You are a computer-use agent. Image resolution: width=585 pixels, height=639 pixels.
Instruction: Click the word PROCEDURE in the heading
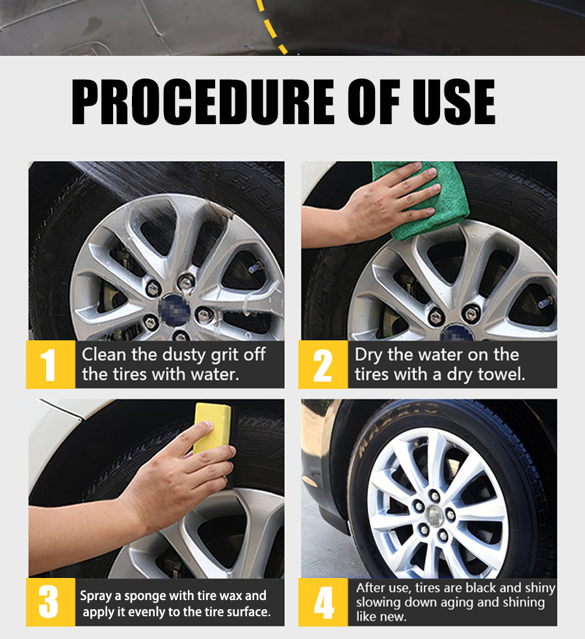click(203, 101)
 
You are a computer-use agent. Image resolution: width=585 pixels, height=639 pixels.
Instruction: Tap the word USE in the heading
click(454, 101)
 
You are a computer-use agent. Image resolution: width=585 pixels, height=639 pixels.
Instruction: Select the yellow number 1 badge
click(51, 364)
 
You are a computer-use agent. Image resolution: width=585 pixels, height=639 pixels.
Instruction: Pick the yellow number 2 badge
click(323, 364)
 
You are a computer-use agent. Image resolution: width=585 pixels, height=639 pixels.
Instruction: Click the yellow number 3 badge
click(51, 602)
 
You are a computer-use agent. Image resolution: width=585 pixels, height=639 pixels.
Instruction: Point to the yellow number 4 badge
click(323, 602)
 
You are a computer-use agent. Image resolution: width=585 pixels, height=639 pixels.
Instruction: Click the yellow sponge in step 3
click(212, 428)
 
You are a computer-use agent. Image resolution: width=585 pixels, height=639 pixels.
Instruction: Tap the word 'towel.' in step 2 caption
click(501, 374)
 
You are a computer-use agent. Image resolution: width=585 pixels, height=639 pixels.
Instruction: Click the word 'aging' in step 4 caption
click(485, 603)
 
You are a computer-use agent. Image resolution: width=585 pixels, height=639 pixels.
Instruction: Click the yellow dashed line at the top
click(272, 27)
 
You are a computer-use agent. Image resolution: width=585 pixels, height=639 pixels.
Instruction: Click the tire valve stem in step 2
click(546, 302)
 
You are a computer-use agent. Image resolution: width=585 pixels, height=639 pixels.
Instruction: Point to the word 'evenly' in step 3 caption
click(145, 612)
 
